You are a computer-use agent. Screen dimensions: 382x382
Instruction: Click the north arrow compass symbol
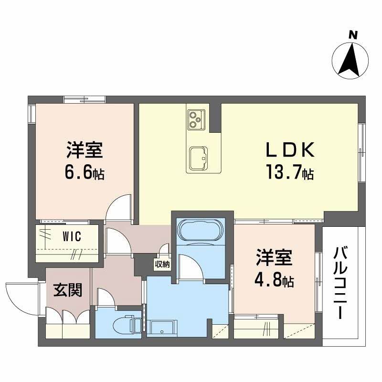point(350,61)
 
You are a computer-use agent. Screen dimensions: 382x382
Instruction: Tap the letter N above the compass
point(352,34)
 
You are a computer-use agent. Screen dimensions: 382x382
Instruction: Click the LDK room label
point(289,151)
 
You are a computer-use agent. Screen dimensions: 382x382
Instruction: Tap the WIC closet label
point(72,236)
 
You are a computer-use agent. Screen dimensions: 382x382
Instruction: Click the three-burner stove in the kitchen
point(196,119)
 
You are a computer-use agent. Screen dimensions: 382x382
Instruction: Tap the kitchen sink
point(198,157)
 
